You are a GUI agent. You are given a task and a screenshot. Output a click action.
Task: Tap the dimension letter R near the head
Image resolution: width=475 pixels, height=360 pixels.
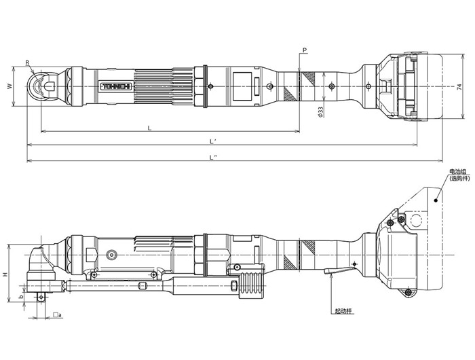pyautogui.click(x=28, y=63)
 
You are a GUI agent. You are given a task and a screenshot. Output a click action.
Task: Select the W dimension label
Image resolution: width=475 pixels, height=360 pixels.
pyautogui.click(x=9, y=86)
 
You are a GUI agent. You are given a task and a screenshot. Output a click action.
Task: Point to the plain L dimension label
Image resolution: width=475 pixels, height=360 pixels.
pyautogui.click(x=149, y=127)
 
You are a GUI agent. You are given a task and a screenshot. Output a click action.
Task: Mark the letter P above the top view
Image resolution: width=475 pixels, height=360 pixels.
pyautogui.click(x=305, y=51)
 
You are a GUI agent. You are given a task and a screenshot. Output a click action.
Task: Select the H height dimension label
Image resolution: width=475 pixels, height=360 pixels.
pyautogui.click(x=5, y=274)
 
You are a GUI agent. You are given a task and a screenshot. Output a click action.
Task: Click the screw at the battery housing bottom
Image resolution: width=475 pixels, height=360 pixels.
pyautogui.click(x=408, y=292)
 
